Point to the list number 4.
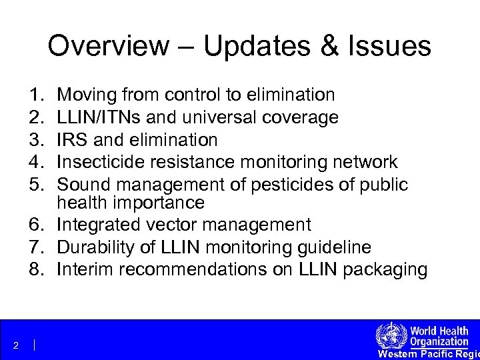[35, 162]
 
